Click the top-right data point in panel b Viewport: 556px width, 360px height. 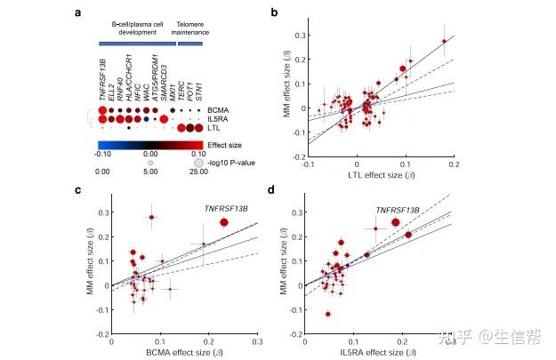444,41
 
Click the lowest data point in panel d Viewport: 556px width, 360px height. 328,314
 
